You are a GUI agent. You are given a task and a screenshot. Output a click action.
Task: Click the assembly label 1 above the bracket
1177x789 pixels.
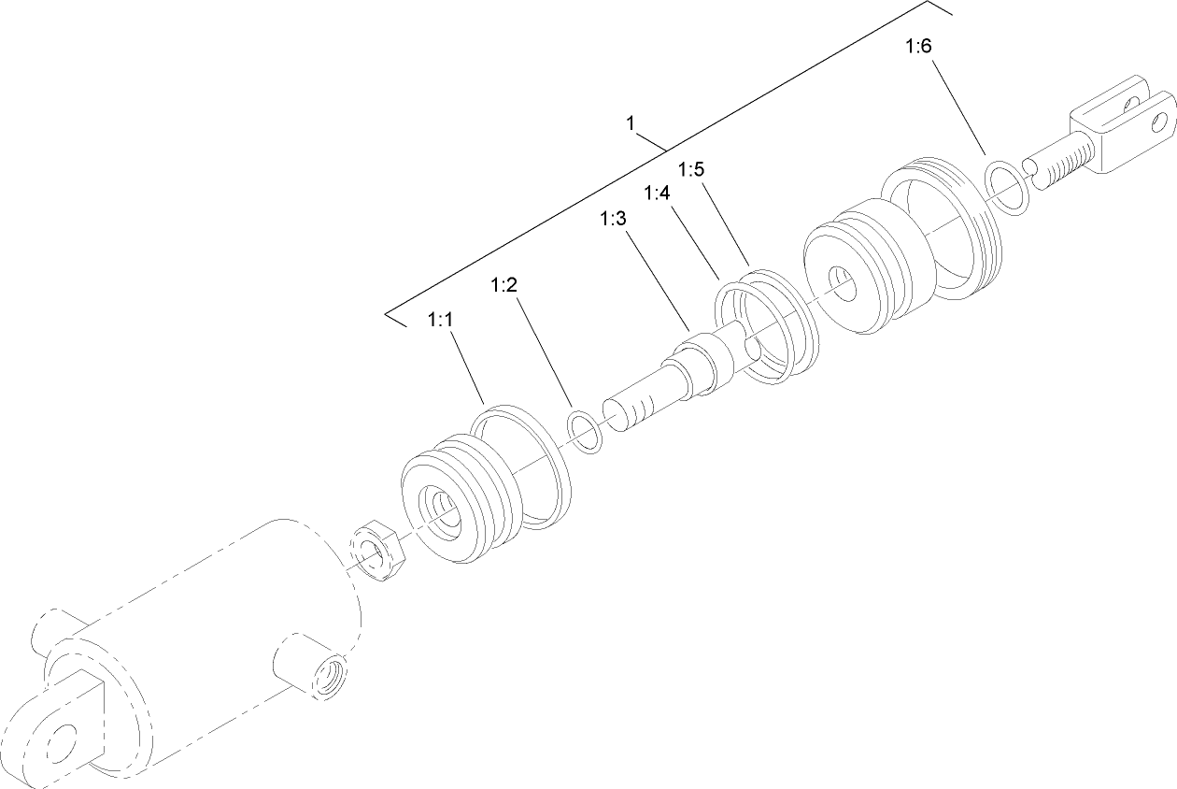coord(631,123)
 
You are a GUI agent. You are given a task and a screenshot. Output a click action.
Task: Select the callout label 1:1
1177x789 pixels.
coord(440,320)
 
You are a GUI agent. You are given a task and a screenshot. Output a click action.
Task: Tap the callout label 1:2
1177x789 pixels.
coord(503,286)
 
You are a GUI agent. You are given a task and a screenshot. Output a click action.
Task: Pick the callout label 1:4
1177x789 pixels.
coord(657,193)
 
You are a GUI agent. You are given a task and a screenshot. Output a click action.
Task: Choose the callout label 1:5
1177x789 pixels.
coord(691,169)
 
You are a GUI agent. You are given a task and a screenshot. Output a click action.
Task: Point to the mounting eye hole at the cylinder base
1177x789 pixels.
coord(61,739)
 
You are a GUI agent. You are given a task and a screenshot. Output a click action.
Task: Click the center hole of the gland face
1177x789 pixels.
coord(846,284)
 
